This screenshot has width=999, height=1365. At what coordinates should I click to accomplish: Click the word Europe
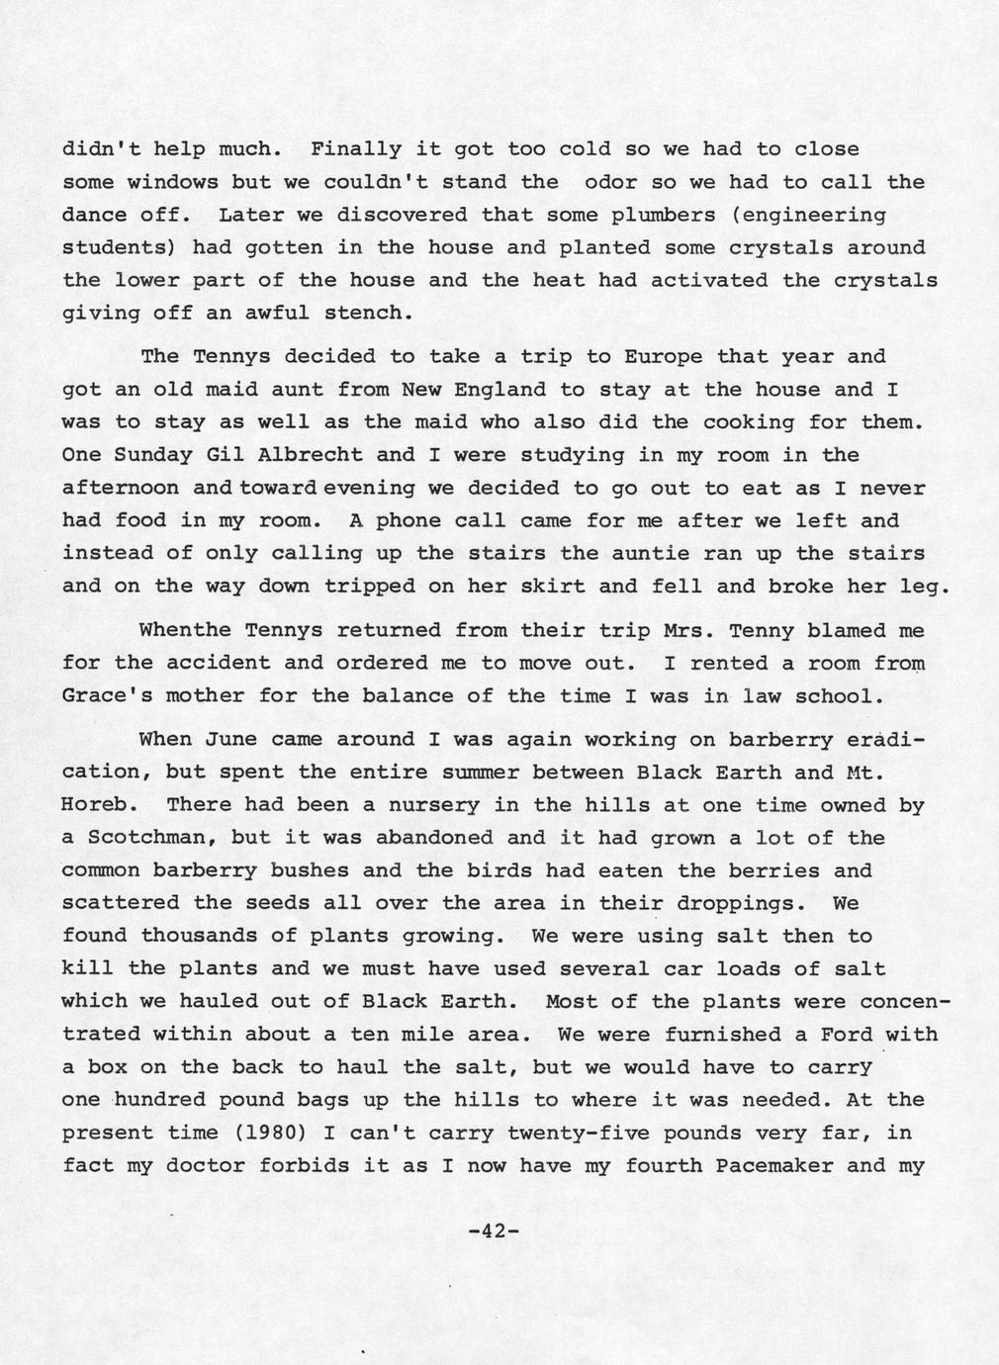664,357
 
